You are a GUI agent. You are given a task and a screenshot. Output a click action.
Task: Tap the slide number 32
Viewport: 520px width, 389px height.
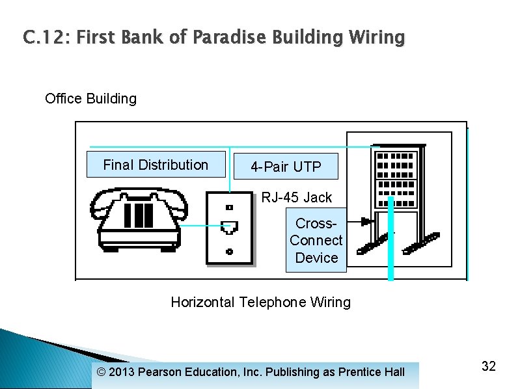point(488,366)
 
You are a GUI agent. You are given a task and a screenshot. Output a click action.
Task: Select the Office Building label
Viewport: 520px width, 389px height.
point(90,99)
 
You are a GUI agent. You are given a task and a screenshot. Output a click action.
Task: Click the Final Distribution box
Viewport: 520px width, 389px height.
point(156,165)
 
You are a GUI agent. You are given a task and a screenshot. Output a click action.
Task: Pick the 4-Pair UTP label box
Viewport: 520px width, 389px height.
point(286,167)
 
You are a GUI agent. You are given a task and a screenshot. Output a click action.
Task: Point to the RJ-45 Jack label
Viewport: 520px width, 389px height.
point(296,197)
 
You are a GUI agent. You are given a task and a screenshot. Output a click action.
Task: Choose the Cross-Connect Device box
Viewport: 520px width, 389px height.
point(316,241)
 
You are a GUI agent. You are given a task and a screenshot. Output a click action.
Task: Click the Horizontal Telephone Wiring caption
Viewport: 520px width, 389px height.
point(260,302)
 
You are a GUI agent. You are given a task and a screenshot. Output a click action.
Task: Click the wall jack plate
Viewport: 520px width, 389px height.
point(229,228)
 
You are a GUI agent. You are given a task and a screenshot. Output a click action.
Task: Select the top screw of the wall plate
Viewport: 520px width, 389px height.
point(229,208)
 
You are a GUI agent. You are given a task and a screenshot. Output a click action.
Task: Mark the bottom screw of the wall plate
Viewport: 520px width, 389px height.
point(229,251)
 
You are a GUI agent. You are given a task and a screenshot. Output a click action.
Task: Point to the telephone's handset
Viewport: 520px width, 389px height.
point(139,198)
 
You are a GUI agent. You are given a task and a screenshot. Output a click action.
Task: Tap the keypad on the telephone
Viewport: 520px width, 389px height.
point(138,217)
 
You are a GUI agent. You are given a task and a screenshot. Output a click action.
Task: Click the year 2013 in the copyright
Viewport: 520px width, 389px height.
point(122,372)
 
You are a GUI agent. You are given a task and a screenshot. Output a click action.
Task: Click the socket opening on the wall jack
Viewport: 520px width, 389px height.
point(229,228)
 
